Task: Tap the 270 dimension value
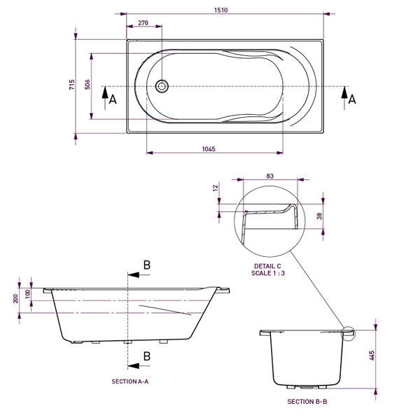point(143,23)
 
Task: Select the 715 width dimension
point(71,85)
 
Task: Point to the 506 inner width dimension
point(87,85)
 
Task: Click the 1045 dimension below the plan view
point(207,148)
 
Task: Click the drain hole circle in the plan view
point(162,86)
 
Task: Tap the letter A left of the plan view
point(112,99)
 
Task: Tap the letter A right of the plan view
point(352,99)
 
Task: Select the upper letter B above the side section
point(147,264)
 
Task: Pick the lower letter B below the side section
point(147,356)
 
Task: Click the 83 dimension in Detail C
point(270,177)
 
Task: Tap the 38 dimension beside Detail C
point(320,216)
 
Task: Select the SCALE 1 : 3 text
point(269,274)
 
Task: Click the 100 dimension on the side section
point(29,293)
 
